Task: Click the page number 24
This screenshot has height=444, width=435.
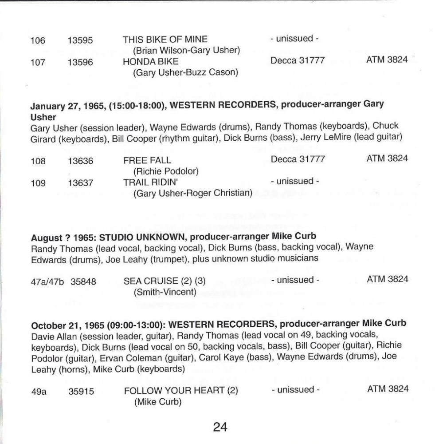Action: pyautogui.click(x=220, y=427)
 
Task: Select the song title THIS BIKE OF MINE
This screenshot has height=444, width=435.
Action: pyautogui.click(x=165, y=40)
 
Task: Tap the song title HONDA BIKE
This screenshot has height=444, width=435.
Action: pyautogui.click(x=151, y=61)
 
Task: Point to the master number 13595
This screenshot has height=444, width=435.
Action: pyautogui.click(x=80, y=40)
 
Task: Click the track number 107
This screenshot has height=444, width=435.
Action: pyautogui.click(x=38, y=62)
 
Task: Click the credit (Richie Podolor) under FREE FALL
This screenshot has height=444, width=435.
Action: pyautogui.click(x=165, y=171)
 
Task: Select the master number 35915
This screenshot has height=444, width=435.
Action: pyautogui.click(x=81, y=391)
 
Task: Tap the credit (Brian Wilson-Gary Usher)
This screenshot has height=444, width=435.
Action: pyautogui.click(x=186, y=50)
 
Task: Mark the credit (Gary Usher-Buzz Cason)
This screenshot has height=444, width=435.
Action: pyautogui.click(x=185, y=72)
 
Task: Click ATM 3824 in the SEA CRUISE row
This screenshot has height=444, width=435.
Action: pyautogui.click(x=387, y=279)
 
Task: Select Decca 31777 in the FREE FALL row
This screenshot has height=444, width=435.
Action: pyautogui.click(x=298, y=159)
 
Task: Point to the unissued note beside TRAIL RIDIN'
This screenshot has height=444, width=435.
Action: pyautogui.click(x=295, y=181)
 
